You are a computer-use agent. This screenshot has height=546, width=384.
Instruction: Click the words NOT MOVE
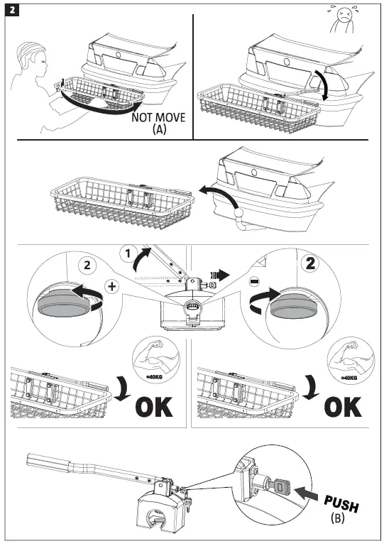[x=158, y=117]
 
